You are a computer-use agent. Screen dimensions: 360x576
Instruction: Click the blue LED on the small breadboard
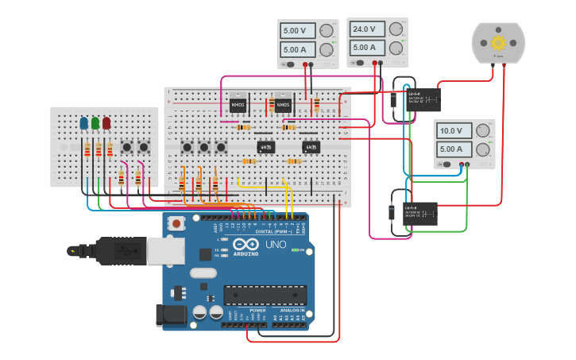84,123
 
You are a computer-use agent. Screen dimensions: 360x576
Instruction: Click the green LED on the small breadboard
95,123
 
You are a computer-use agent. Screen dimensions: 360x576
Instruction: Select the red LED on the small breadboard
106,123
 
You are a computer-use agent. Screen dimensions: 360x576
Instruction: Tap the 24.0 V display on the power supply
366,29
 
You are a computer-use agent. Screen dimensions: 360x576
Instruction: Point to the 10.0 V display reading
452,130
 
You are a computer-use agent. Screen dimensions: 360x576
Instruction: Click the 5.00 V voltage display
297,31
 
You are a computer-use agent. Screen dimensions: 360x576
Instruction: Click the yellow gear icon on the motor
498,42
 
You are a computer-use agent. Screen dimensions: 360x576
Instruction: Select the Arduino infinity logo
245,246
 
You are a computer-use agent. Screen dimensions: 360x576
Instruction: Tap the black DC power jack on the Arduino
172,315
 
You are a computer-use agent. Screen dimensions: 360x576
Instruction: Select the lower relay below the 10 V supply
419,213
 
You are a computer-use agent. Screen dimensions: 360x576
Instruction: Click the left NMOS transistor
238,103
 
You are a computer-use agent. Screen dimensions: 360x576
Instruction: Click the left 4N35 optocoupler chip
266,146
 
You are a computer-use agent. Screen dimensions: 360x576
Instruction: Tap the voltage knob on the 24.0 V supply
396,29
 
